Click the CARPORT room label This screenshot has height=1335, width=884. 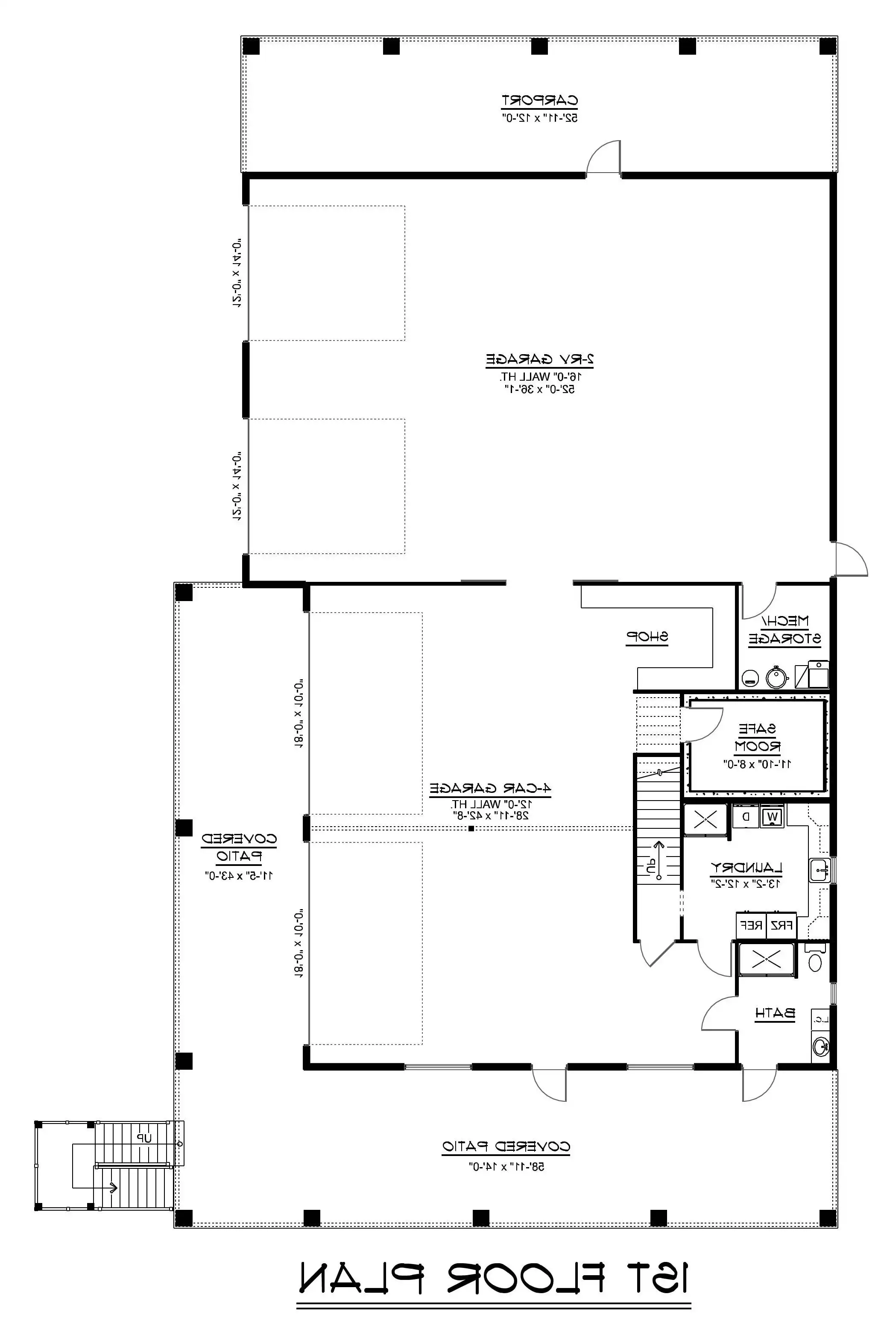[539, 101]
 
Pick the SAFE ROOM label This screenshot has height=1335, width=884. [757, 738]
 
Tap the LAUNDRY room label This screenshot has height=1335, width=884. [746, 868]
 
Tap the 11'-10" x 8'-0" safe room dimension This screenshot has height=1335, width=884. [757, 764]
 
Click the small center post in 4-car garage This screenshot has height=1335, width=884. [471, 828]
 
